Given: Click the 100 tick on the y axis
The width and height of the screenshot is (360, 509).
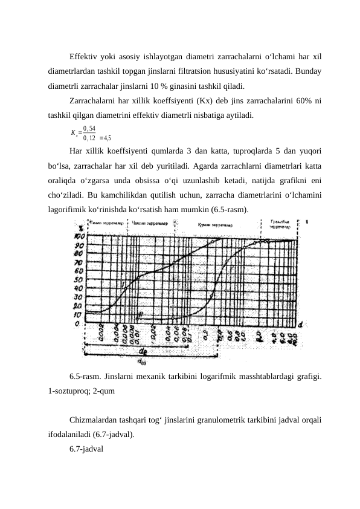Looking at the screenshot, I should [79, 236].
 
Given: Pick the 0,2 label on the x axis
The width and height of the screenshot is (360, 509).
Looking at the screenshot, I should [205, 334].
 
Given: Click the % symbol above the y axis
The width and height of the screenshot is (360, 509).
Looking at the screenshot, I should [79, 229].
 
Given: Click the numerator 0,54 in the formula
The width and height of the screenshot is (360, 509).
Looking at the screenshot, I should [89, 128].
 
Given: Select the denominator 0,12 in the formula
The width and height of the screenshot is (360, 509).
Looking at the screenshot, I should [89, 137].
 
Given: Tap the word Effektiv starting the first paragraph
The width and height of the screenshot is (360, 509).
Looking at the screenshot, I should [85, 58].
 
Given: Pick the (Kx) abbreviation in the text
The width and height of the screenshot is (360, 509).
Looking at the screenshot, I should [184, 100].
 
